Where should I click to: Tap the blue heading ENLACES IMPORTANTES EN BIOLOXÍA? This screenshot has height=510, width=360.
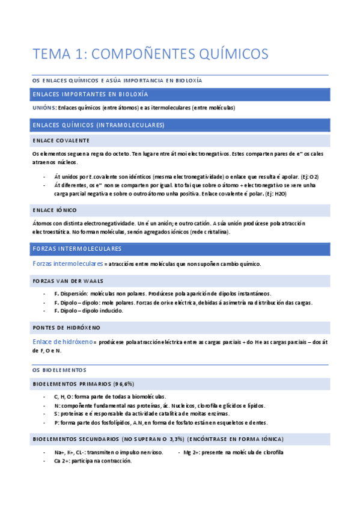(x=90, y=94)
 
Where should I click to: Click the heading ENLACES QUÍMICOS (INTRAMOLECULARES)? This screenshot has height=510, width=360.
(x=99, y=125)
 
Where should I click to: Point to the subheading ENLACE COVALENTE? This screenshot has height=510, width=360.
(x=61, y=140)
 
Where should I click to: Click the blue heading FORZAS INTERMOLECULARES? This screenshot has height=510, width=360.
(x=77, y=248)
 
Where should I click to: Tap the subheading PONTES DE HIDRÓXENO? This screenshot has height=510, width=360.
(x=66, y=327)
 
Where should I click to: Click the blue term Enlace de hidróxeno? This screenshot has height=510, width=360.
(x=63, y=342)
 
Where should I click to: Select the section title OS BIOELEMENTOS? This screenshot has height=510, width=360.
(x=59, y=370)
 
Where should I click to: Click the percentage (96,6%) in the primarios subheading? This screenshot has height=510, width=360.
(x=122, y=384)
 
